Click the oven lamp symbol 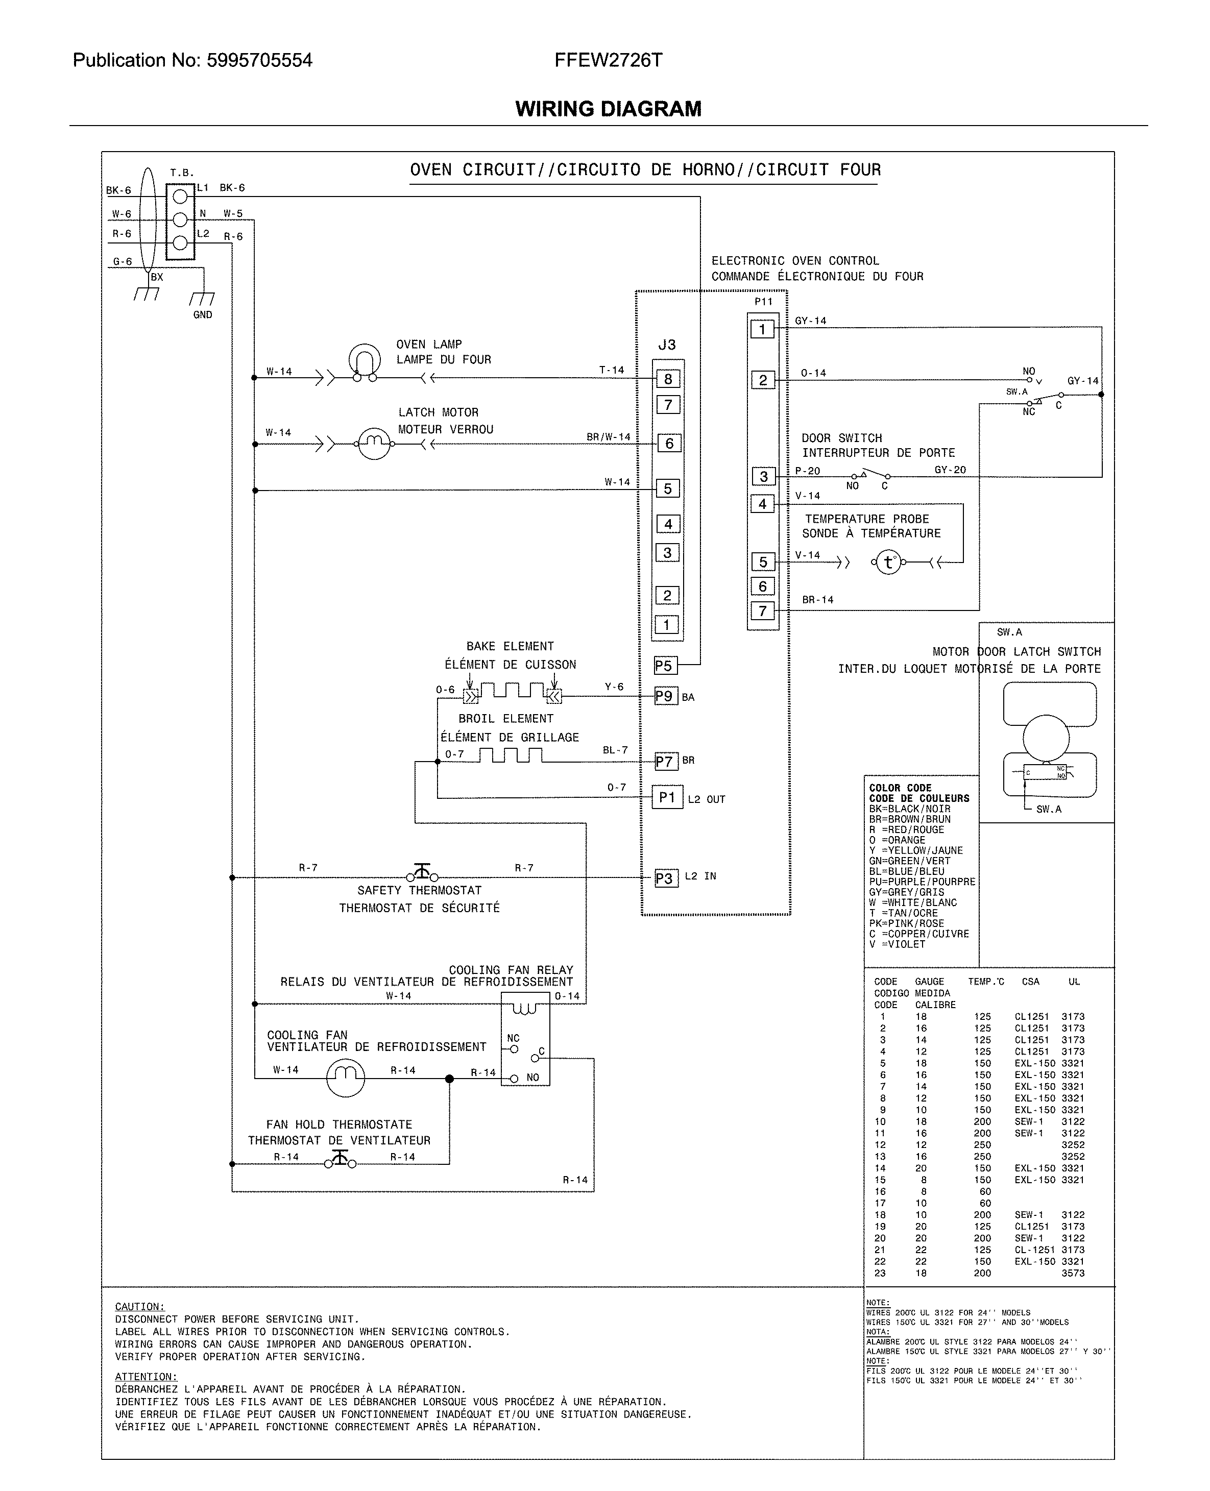364,361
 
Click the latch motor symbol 374,443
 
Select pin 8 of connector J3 668,379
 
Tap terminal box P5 665,666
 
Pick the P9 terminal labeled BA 666,696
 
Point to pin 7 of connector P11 763,611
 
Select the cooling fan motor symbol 346,1078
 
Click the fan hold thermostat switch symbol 340,1159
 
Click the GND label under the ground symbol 202,315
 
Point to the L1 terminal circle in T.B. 180,197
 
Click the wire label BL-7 615,750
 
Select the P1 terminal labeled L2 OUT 667,797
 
